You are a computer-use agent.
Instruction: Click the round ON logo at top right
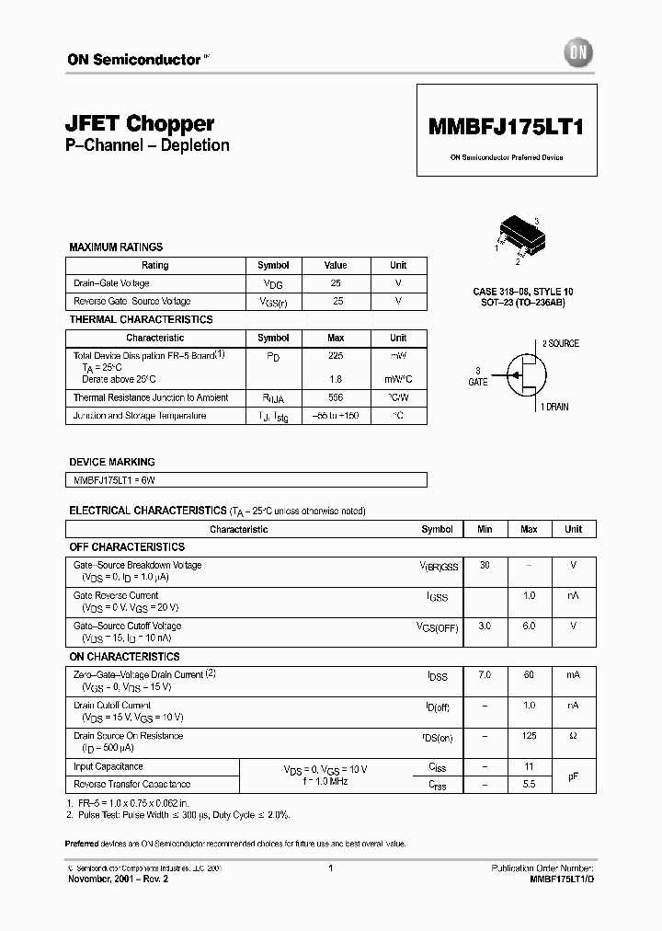577,53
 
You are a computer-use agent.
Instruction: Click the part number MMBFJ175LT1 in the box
507,129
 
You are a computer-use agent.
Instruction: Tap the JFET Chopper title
141,123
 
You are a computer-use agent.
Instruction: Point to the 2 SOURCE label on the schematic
559,343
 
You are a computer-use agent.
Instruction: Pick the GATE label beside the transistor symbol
478,380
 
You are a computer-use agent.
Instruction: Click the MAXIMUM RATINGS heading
116,247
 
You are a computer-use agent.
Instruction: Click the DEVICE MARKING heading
112,462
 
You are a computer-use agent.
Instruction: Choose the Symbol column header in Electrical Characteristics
437,529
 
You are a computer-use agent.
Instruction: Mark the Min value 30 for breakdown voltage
485,565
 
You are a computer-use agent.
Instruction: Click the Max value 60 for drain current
529,675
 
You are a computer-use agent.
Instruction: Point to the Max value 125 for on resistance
529,736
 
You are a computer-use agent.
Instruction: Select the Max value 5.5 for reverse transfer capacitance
529,784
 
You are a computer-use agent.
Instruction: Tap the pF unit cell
573,776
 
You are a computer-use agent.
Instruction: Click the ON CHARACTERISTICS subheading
124,657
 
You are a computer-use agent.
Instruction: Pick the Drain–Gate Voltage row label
111,283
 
